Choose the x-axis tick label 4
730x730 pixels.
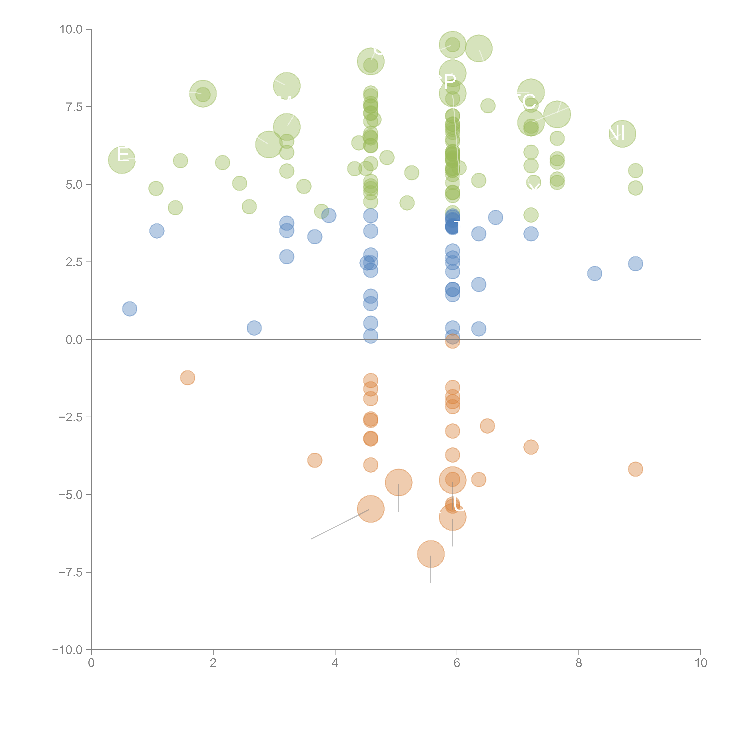(335, 663)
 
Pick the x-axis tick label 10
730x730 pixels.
(701, 663)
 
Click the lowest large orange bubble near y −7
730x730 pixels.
(431, 554)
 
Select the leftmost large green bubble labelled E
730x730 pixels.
(122, 160)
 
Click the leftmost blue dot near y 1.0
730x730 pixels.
(130, 309)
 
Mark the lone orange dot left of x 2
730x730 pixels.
(187, 377)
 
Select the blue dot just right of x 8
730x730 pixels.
(594, 273)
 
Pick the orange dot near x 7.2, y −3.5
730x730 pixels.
(531, 447)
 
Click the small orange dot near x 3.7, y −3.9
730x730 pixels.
(315, 460)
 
